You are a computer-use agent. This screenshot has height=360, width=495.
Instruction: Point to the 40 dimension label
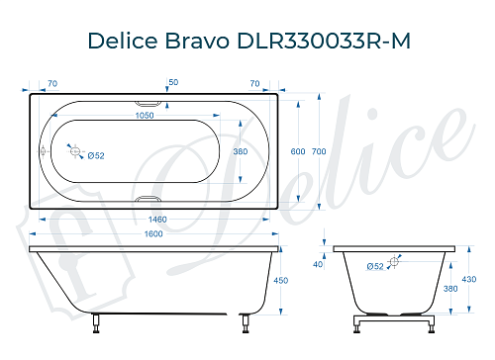(x=318, y=264)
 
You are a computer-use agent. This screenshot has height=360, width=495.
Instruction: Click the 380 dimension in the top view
(x=239, y=152)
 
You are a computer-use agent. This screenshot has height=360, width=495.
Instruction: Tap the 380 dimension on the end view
(x=451, y=289)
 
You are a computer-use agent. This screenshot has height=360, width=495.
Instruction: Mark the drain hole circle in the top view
(x=73, y=150)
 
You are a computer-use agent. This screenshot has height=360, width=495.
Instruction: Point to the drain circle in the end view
(x=394, y=262)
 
